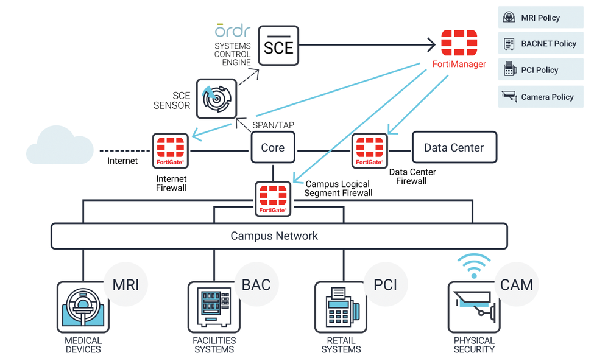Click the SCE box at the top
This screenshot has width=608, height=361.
(278, 46)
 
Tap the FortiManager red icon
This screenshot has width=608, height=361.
(459, 43)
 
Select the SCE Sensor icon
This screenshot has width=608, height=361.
(216, 99)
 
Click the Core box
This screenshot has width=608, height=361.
(272, 148)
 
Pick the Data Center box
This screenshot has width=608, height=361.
(454, 148)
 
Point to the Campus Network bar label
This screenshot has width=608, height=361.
(274, 236)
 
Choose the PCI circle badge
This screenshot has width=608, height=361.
(386, 284)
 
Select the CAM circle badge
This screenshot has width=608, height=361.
(517, 284)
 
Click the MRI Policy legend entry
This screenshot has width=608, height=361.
(540, 18)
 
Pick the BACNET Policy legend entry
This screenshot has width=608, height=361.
(540, 44)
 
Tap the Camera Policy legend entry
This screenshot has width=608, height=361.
(540, 97)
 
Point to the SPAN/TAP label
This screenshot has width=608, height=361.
(273, 125)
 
